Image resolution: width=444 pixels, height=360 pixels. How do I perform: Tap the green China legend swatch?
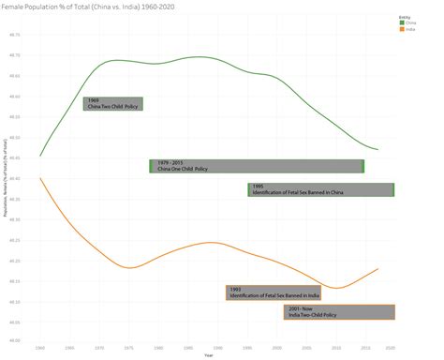click(401, 23)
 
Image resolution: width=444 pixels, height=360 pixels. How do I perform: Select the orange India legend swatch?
click(401, 30)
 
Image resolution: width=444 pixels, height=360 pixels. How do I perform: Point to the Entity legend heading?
click(403, 17)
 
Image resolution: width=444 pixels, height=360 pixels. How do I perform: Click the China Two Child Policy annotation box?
click(112, 103)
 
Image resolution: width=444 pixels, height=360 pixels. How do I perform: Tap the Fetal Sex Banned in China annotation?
click(320, 189)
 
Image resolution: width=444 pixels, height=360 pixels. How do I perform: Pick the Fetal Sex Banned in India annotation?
click(273, 292)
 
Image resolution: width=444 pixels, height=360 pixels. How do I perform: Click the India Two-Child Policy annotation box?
click(338, 312)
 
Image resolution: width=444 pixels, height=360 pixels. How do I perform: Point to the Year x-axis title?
click(209, 354)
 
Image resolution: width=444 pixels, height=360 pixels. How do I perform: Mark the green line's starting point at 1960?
click(40, 156)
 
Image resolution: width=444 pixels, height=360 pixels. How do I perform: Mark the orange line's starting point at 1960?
click(40, 177)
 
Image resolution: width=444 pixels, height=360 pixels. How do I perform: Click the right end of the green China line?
click(377, 149)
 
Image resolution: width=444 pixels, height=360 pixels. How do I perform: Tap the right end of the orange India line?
click(377, 269)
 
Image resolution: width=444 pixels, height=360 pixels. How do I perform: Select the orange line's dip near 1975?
click(130, 267)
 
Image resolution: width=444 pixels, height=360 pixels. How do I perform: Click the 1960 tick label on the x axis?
click(40, 347)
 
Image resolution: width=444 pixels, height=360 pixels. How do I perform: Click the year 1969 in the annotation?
click(92, 99)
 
